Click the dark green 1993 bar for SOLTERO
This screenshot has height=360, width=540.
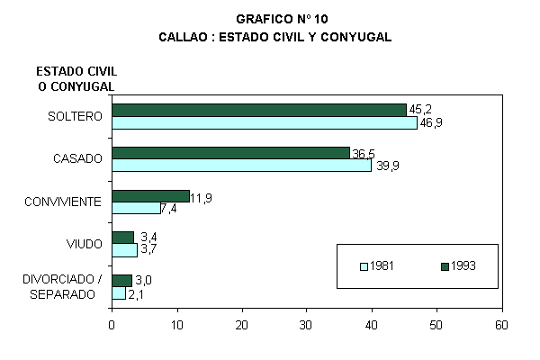tap(259, 110)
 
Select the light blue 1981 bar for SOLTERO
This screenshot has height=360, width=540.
tap(265, 122)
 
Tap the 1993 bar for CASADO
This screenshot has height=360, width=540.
tap(230, 153)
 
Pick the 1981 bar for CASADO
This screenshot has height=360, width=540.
tap(241, 166)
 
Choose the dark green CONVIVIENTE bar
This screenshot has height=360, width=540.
tap(150, 195)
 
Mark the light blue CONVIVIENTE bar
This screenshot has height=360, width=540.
tap(136, 208)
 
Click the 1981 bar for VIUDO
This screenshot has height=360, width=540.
tap(124, 250)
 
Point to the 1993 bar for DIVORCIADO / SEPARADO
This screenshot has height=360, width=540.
tap(121, 280)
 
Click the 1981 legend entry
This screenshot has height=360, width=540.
tap(377, 265)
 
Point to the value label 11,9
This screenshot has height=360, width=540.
tap(202, 196)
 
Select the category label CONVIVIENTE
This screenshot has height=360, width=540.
tap(63, 202)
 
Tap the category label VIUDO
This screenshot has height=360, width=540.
tap(84, 244)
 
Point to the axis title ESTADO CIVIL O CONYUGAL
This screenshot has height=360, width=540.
tap(77, 79)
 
